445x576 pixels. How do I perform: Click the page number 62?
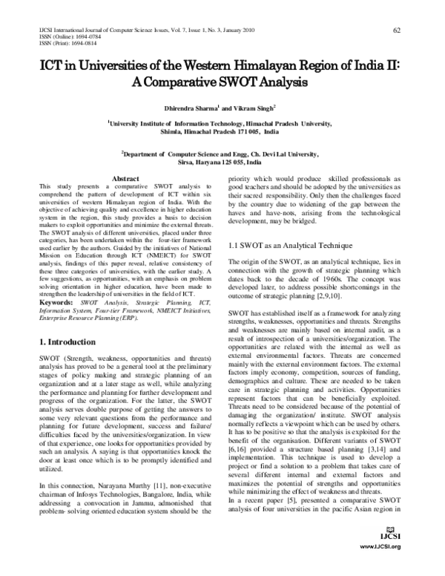tap(397, 30)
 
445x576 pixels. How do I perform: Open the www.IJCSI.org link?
tap(380, 567)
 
